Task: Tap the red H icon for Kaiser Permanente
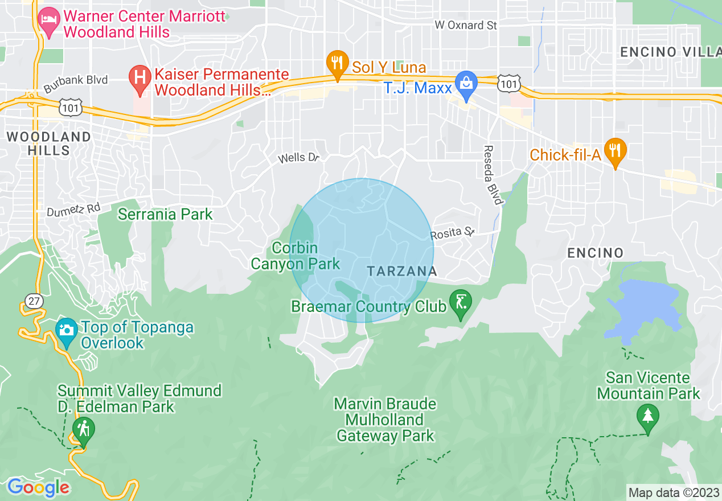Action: tap(139, 79)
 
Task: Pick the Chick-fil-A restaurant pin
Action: tap(615, 151)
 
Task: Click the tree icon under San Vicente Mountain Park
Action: tap(647, 416)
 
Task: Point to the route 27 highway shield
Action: tap(35, 301)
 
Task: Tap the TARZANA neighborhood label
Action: tap(402, 271)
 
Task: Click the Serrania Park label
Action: tap(165, 214)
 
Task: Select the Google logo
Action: tap(38, 487)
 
